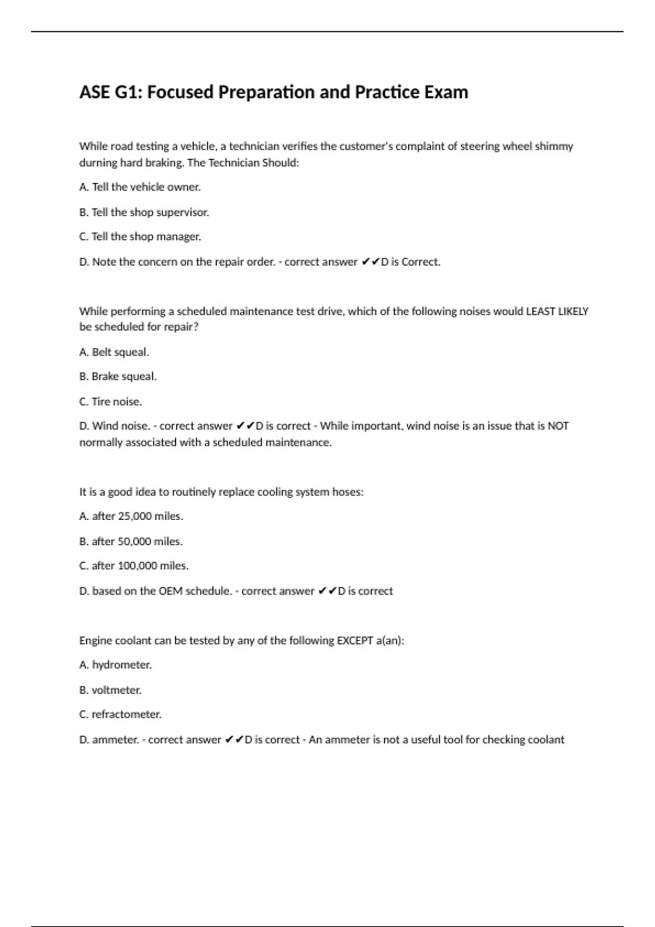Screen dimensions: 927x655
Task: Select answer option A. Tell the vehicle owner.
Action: tap(140, 187)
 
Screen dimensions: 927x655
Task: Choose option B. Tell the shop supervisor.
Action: tap(144, 212)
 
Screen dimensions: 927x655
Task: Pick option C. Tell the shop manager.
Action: tap(140, 237)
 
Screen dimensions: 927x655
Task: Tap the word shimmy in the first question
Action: tap(554, 146)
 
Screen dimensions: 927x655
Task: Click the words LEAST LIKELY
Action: tap(557, 311)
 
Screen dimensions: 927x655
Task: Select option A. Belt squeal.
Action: tap(114, 352)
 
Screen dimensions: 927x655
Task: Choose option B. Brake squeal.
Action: tap(118, 377)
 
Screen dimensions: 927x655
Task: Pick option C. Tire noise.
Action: tap(111, 402)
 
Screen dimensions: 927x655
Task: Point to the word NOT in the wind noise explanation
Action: tap(558, 426)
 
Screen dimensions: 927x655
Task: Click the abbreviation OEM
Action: tap(170, 591)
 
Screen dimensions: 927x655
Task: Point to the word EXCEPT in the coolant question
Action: tap(355, 641)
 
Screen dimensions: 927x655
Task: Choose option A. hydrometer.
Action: tap(115, 665)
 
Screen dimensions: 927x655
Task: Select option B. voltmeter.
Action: tap(110, 690)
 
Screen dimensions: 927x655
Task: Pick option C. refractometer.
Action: tap(120, 715)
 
